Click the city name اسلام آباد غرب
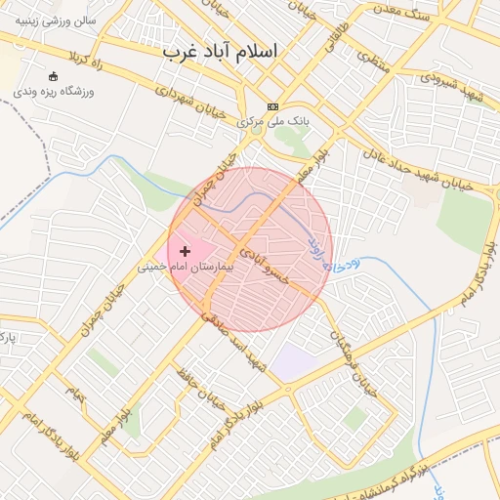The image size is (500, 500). click(220, 51)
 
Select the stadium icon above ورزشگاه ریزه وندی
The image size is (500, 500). click(53, 76)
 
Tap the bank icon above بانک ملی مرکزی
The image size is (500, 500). click(272, 107)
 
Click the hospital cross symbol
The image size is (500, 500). click(186, 252)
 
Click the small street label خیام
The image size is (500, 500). click(76, 394)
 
